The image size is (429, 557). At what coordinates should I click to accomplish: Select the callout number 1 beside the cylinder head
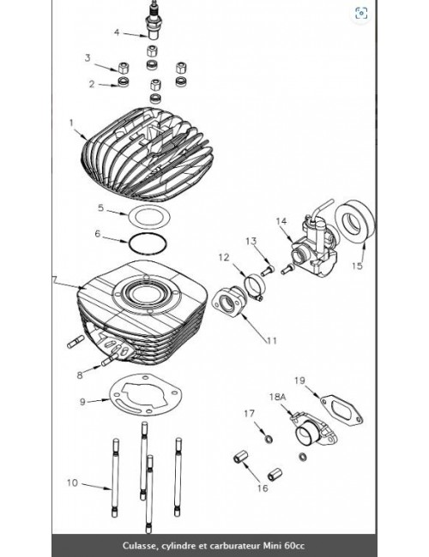point(72,122)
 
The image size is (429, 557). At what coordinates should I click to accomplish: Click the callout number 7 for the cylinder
point(54,280)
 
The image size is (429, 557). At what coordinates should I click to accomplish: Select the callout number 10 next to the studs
point(72,482)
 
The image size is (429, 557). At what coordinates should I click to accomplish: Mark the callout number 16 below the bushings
point(263,488)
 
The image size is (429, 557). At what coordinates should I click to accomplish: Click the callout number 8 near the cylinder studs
point(80,374)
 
